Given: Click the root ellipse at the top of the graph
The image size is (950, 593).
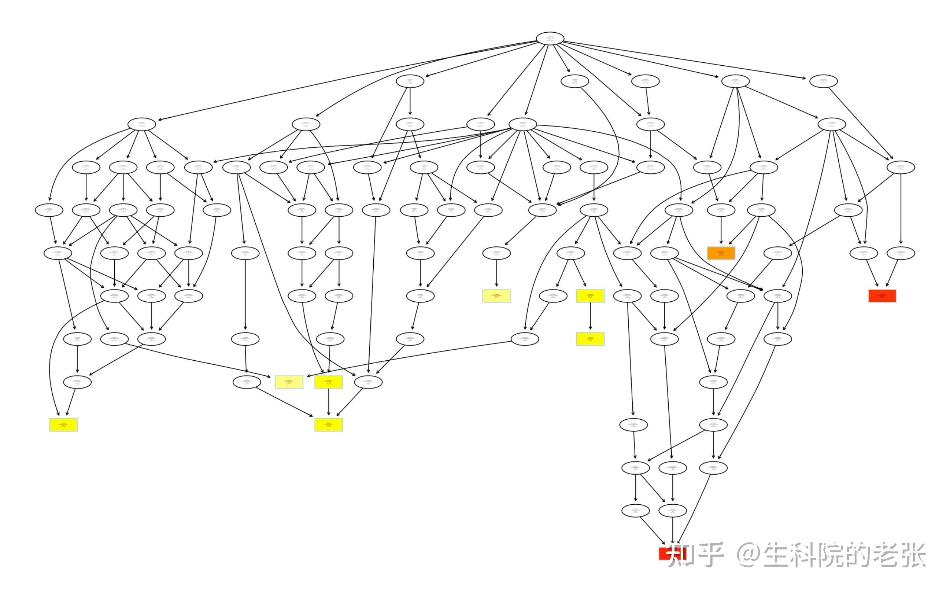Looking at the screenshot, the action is point(550,39).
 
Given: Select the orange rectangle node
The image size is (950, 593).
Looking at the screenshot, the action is point(721,253).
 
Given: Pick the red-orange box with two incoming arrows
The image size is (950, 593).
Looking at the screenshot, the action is point(882,296).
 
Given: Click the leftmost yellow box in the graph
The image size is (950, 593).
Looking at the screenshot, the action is point(63,425).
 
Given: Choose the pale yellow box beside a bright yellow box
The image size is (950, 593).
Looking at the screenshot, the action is point(289,382).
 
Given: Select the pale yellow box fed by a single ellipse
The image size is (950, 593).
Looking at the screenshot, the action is point(497,296).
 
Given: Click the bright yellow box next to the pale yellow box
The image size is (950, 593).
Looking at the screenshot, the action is point(328,382).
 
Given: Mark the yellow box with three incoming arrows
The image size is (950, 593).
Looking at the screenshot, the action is point(328,425).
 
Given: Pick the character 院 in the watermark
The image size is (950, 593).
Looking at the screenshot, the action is point(837,554).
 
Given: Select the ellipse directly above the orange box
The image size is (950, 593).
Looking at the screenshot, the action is point(721,210).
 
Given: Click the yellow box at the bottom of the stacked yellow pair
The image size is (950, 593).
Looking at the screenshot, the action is point(590,339).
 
